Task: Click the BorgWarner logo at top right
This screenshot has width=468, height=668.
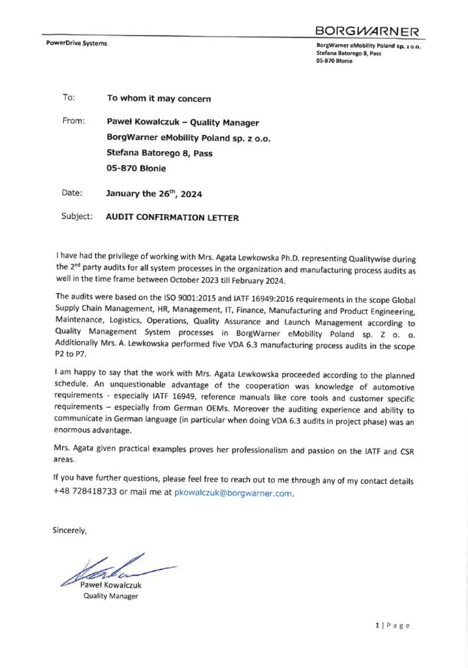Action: click(367, 31)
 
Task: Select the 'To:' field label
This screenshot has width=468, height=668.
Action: click(69, 98)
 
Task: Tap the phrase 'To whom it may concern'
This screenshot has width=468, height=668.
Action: click(159, 99)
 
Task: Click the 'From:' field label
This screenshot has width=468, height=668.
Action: click(73, 121)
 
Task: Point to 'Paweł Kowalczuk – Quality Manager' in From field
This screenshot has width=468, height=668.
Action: click(182, 123)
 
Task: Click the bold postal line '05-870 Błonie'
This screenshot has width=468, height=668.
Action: click(136, 168)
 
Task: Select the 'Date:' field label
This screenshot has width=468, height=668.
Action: click(72, 193)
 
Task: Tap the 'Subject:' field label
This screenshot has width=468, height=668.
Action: click(77, 217)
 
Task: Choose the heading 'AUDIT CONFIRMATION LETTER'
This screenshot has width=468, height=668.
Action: click(172, 218)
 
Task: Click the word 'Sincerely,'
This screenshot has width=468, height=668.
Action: click(70, 530)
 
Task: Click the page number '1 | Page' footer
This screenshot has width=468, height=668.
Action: click(392, 626)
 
